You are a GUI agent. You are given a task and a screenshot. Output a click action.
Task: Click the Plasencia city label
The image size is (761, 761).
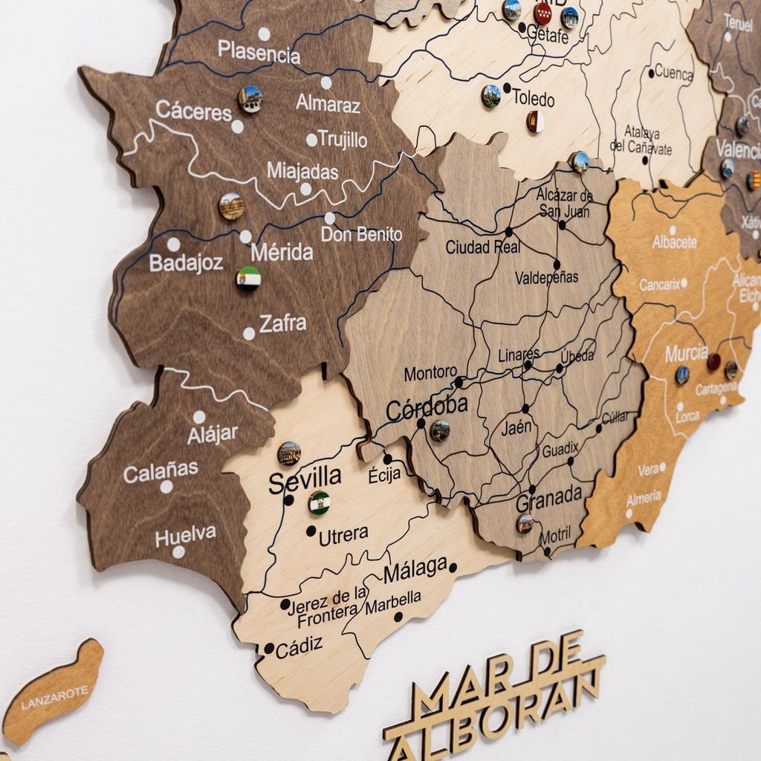(x=259, y=52)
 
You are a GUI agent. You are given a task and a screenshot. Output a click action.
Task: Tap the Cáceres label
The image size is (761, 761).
(x=193, y=111)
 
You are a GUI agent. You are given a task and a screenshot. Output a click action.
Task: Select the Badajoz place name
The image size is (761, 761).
(x=186, y=263)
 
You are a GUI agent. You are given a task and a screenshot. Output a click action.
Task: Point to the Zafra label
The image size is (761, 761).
(x=282, y=323)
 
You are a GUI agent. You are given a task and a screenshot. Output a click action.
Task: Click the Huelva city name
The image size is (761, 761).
(x=185, y=535)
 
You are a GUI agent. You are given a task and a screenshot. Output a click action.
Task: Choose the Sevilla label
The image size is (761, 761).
(x=305, y=480)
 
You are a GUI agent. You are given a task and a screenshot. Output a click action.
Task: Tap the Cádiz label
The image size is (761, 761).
(x=299, y=647)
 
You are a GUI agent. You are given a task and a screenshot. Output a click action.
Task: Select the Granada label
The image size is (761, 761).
(x=549, y=499)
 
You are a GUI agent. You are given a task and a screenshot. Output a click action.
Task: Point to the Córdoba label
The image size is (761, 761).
(x=427, y=407)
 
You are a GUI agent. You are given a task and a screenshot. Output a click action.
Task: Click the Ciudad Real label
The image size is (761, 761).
(x=483, y=247)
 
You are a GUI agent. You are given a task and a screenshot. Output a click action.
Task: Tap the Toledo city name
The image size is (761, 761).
(x=533, y=99)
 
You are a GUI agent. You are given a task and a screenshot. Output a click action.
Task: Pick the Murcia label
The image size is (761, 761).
(x=686, y=353)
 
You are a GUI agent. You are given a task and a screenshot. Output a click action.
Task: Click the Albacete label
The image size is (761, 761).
(x=675, y=242)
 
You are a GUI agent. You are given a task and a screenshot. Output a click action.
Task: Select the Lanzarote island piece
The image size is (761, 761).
(x=54, y=693)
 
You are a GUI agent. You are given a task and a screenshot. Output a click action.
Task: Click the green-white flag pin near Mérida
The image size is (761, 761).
(x=248, y=279)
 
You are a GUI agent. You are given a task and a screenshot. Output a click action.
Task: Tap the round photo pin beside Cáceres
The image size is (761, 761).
(x=250, y=99)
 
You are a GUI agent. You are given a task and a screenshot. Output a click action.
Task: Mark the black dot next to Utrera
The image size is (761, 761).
(x=311, y=531)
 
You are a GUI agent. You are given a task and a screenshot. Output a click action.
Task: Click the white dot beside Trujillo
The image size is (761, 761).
(x=311, y=140)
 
